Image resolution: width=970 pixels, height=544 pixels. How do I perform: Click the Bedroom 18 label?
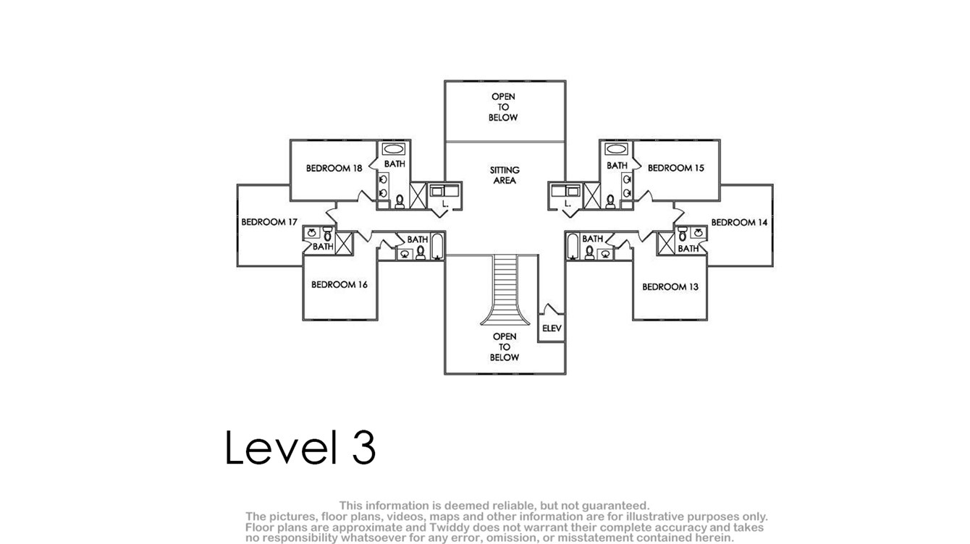click(334, 168)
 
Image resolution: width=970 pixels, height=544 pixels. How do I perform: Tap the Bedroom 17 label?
click(269, 222)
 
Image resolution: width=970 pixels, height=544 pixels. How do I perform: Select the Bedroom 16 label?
click(339, 284)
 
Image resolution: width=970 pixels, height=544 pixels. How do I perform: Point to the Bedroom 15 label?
click(676, 168)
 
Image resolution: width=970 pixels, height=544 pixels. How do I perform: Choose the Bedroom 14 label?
click(739, 223)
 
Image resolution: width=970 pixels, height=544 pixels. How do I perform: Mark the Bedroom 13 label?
click(670, 286)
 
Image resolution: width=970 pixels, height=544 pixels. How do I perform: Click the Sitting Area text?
click(505, 175)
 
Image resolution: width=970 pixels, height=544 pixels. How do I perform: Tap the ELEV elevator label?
click(552, 328)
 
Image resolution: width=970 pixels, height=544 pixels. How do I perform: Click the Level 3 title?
click(300, 448)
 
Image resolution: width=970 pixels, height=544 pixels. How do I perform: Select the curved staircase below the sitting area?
click(505, 290)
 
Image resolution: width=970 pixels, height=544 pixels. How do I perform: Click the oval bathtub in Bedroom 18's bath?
click(393, 149)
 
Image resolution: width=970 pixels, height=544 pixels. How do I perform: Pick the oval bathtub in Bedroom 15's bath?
click(616, 149)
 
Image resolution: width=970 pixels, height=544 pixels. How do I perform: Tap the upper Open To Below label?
click(503, 107)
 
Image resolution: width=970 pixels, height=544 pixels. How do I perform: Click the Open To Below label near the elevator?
click(505, 347)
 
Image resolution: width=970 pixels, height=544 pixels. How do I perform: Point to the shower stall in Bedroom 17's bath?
click(344, 243)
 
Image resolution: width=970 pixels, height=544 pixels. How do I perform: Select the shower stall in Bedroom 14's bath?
click(666, 243)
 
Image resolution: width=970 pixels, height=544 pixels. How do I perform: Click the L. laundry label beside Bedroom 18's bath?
click(445, 204)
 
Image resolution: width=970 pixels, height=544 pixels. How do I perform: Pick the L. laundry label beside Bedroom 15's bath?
click(568, 204)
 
